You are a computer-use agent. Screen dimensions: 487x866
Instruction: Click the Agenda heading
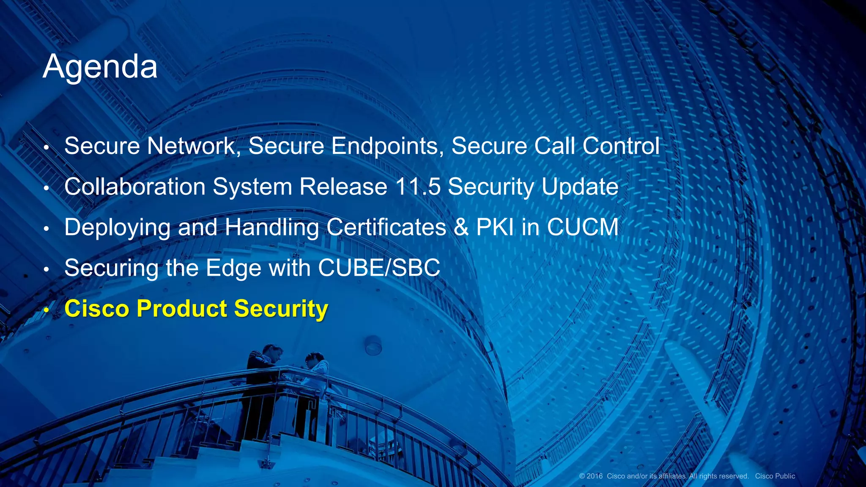pos(100,67)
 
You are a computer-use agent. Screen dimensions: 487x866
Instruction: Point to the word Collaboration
pos(135,187)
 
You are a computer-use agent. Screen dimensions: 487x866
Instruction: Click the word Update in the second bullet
pos(580,187)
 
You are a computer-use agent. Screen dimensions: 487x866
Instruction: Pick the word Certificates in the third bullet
pos(386,227)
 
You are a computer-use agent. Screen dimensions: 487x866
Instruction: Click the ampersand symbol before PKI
pos(461,227)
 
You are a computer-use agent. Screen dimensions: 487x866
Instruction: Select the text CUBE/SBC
pos(379,268)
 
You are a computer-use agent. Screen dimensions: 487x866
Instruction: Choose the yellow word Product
pos(182,309)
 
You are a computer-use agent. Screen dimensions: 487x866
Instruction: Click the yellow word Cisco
pos(96,309)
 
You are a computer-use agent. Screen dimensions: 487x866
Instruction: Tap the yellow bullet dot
pos(47,311)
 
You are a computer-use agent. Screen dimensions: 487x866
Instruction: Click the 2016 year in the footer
pos(595,476)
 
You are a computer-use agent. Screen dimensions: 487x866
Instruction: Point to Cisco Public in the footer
pos(775,476)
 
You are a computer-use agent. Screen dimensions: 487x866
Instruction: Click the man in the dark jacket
pos(262,389)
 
